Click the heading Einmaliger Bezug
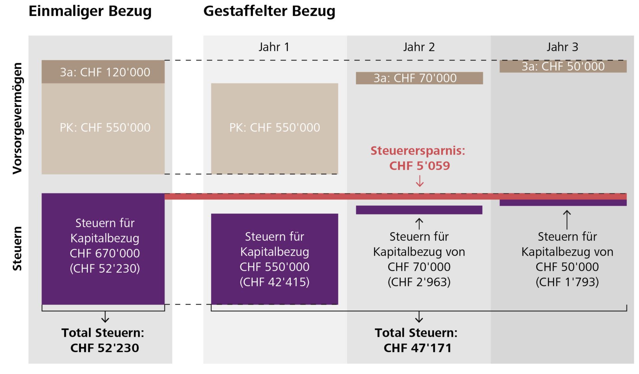(90, 11)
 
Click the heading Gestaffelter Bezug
(269, 11)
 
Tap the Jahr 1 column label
(274, 47)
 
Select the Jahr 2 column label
(419, 47)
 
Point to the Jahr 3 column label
(562, 47)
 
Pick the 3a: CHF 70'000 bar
(419, 78)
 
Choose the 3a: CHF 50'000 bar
(563, 66)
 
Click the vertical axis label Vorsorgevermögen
(17, 118)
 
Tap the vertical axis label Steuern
(17, 248)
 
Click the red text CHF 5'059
(419, 166)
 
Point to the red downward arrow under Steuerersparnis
(420, 181)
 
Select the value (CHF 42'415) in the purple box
(274, 282)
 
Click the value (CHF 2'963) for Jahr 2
(419, 282)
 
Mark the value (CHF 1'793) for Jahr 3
(567, 282)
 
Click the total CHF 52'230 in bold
(105, 348)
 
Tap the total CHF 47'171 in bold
(417, 348)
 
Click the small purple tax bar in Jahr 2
(419, 210)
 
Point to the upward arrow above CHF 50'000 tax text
(567, 219)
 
